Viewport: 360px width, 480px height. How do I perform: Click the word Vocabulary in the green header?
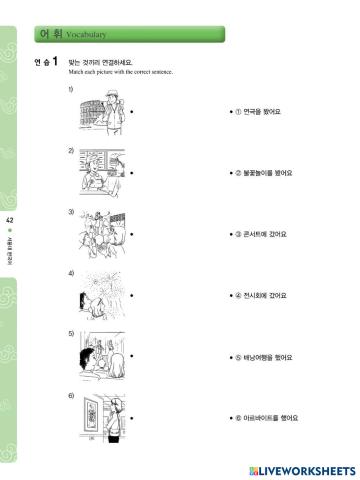pos(86,35)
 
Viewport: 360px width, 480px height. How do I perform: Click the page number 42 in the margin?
pos(10,219)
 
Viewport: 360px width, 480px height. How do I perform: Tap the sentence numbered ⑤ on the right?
pos(261,356)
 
